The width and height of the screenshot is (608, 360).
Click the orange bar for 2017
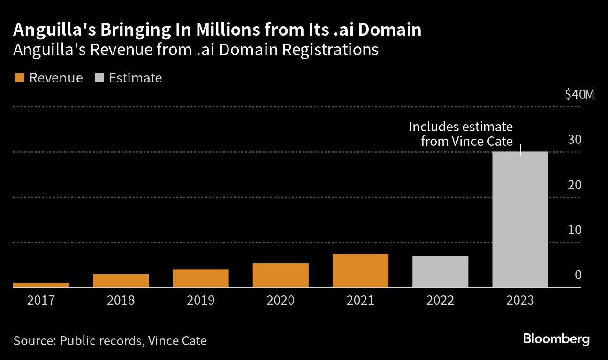coord(41,285)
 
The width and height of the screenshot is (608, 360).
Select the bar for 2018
coord(121,280)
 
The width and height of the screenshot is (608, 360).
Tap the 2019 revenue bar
coord(201,278)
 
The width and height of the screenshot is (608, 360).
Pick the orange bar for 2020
coord(281,275)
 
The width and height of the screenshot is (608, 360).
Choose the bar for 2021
coord(360,270)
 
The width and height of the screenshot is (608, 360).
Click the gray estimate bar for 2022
coord(440,271)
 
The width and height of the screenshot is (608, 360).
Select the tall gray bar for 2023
coord(520,219)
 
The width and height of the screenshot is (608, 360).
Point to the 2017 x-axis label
coord(41,300)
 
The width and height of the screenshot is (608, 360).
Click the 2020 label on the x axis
coord(281,300)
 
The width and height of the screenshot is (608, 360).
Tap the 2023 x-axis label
coord(520,300)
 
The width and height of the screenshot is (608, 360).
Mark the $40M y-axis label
coord(579,95)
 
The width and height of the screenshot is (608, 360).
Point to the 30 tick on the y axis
coord(575,140)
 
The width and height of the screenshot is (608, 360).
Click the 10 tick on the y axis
coord(575,230)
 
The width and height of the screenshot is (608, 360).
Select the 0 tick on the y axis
coord(578,275)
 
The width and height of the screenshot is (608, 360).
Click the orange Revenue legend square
coord(19,78)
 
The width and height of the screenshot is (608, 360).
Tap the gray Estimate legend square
coord(99,78)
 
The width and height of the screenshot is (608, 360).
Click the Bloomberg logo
coord(556,339)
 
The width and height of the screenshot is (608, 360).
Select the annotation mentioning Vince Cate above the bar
coord(461,134)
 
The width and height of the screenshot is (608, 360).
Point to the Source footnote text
coord(110,340)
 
